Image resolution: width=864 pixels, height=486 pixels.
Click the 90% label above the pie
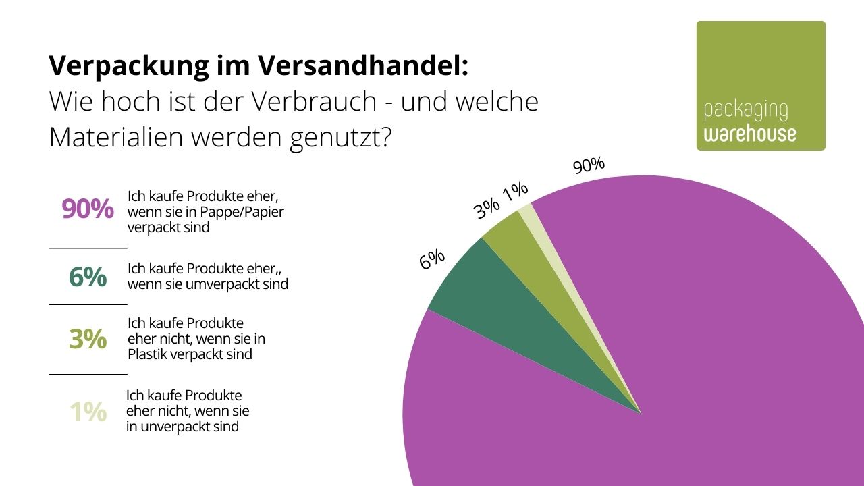[589, 165]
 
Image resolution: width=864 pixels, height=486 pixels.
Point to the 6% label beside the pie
[432, 259]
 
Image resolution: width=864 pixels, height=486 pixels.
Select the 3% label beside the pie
[487, 209]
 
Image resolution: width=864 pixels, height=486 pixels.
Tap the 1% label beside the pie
[515, 192]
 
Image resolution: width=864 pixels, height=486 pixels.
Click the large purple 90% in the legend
[88, 210]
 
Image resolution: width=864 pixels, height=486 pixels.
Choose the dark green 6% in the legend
[88, 277]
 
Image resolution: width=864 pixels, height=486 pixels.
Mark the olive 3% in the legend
[88, 339]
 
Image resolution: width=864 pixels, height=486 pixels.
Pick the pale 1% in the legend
[88, 412]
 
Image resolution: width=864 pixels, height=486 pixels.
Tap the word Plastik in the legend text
[147, 354]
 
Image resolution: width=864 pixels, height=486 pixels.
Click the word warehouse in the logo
[749, 134]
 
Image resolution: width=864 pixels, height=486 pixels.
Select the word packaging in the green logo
[745, 111]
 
